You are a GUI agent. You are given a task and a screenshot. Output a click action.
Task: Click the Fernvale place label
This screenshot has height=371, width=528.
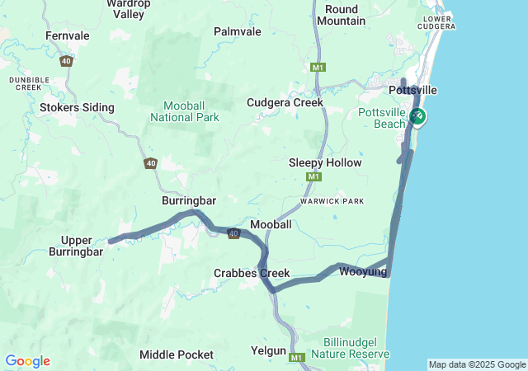(x=68, y=36)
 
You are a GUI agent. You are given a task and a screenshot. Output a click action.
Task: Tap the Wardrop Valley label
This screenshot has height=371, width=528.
(x=128, y=9)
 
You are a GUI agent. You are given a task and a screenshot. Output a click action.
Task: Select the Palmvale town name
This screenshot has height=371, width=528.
(x=237, y=31)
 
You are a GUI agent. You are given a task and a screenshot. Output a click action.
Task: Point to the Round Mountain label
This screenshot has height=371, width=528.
(x=341, y=15)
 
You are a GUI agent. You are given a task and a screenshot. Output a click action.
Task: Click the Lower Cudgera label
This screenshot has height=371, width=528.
(x=438, y=22)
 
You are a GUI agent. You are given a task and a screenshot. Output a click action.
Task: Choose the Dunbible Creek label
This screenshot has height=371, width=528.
(x=25, y=82)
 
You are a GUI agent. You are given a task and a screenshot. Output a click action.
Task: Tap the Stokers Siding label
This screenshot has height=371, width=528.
(x=78, y=107)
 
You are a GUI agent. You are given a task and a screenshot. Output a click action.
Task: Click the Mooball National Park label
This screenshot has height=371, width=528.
(x=185, y=112)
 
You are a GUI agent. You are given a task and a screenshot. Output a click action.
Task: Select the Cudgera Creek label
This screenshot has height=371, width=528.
(x=285, y=103)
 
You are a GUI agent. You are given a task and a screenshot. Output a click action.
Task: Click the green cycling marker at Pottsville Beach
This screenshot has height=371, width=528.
(x=418, y=117)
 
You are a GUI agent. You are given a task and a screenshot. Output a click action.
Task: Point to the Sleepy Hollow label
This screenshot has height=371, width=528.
(x=325, y=163)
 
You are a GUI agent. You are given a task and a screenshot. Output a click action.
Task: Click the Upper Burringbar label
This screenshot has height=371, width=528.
(x=81, y=246)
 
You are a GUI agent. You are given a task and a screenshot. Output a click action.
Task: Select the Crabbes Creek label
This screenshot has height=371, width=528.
(x=252, y=273)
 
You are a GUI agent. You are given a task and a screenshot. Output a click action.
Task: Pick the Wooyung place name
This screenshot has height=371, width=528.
(x=363, y=270)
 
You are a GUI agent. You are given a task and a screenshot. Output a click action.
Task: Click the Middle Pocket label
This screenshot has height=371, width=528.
(x=177, y=355)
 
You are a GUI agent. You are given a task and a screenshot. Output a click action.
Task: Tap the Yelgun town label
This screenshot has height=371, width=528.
(x=268, y=351)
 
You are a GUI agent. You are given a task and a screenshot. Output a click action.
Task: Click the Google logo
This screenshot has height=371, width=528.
(x=27, y=361)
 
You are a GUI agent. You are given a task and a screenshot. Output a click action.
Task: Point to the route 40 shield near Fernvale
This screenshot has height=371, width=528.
(x=66, y=61)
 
